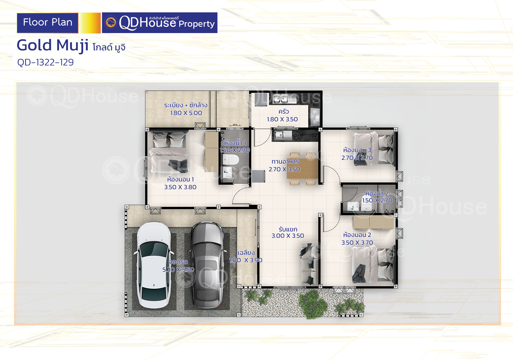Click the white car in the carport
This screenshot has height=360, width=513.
coord(154,265)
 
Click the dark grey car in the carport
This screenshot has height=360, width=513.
coord(207,265)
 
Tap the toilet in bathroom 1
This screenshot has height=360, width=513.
coord(231,160)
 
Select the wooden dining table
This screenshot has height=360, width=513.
coord(302,169)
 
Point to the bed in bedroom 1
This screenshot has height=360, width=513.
coord(169,152)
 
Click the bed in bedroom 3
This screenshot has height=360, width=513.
coord(373,149)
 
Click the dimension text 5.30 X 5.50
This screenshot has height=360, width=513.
coord(178,270)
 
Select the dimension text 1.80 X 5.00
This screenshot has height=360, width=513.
coord(186,113)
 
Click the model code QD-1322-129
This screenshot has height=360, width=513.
coord(45,62)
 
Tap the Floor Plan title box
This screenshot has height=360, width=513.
coord(47,23)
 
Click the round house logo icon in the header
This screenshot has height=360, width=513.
coord(111,22)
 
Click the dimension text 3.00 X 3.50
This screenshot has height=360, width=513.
coord(288,236)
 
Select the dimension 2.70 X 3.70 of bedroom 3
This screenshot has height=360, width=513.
coord(357,158)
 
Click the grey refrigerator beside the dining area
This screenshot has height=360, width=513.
coord(258,176)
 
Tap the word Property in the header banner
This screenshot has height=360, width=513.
coord(197,24)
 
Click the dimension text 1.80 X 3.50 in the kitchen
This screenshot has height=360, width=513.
coord(282,119)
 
